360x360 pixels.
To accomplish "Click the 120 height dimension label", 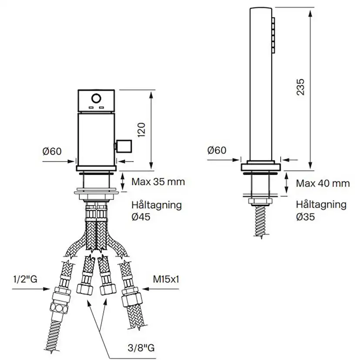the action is click(142, 130).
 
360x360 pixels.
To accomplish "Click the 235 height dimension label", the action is click(300, 87).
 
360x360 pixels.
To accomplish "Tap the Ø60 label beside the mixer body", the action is click(52, 151).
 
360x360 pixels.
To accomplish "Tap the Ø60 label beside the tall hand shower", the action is click(217, 150).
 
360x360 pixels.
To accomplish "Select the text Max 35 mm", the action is click(158, 182).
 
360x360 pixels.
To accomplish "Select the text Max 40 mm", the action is click(323, 183).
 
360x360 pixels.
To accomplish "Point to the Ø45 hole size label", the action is click(141, 217).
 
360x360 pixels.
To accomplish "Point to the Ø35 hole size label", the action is click(305, 217).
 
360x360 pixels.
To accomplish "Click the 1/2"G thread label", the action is click(25, 279).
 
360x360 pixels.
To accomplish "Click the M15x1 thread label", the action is click(166, 279).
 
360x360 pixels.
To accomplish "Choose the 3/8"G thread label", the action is click(141, 348).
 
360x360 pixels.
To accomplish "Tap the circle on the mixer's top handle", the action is click(96, 99).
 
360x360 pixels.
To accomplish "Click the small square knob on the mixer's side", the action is click(124, 146).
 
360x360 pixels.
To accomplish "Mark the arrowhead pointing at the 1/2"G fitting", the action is click(47, 289).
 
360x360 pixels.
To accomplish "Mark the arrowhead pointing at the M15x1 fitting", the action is click(146, 289).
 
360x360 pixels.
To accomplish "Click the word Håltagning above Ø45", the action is click(157, 205).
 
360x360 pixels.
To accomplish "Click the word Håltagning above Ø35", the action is click(321, 205).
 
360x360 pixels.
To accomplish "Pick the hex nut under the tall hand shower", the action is click(261, 201).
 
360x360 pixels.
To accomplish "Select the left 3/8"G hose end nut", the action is click(84, 290).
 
